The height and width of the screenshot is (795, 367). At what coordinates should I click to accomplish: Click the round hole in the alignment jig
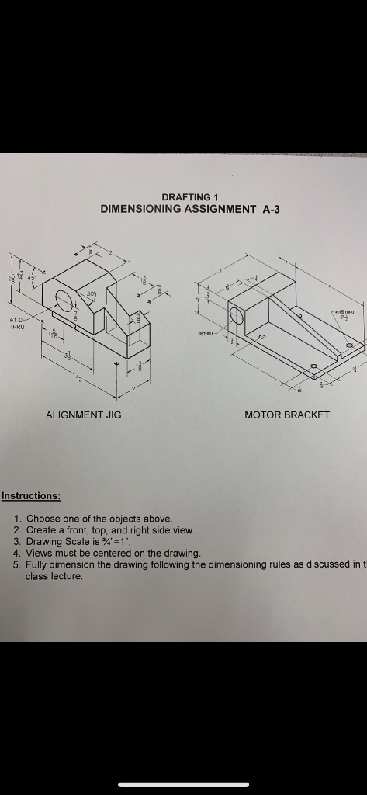coord(65,299)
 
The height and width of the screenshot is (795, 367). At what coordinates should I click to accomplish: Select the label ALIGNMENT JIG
coord(84,415)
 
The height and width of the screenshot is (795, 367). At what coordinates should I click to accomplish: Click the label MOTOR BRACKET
coord(287,415)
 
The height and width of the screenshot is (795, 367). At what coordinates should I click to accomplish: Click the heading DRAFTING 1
coord(183,196)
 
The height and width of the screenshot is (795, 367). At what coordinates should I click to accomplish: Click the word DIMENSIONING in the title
coord(140,209)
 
